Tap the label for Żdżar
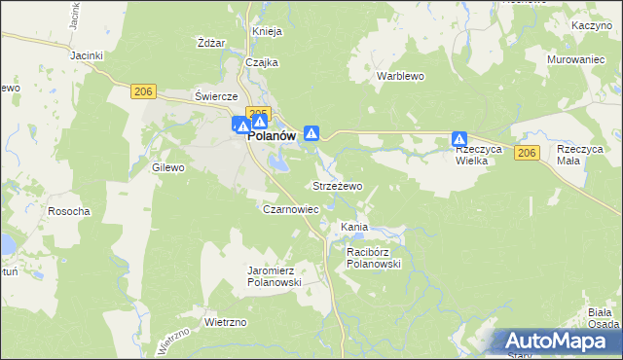(211, 43)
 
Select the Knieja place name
(267, 31)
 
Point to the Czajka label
(262, 62)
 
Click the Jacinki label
(87, 55)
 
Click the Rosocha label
(69, 211)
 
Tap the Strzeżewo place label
(337, 185)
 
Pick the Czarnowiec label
(291, 209)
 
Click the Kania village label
(353, 227)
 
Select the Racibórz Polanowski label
(374, 257)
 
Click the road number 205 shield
(258, 113)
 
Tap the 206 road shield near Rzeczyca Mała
(528, 154)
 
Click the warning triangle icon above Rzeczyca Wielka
(459, 140)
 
